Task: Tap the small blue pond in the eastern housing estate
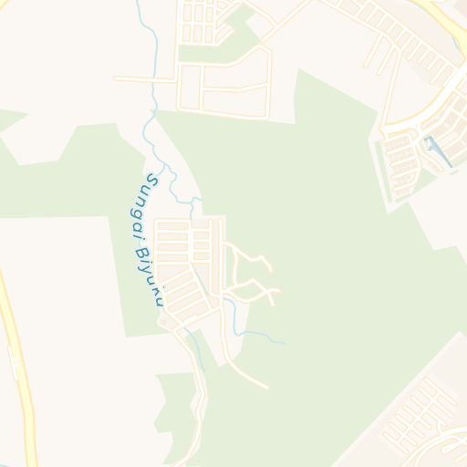coord(439,151)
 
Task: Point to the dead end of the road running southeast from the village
coord(266,387)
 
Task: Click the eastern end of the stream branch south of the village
coord(285,344)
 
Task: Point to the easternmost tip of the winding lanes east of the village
coord(279,292)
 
